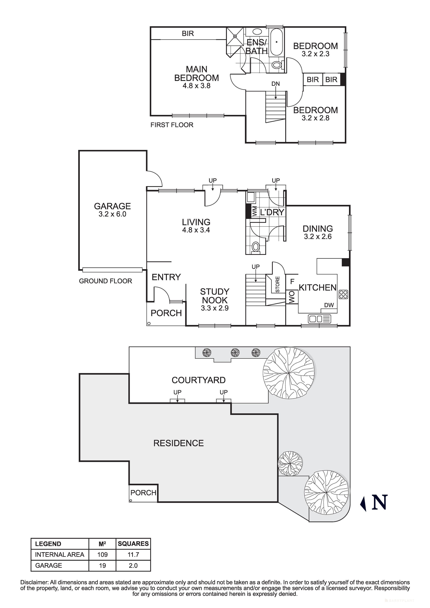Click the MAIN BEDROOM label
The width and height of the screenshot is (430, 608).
[x=196, y=74]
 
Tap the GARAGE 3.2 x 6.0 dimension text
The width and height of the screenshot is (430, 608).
[x=112, y=214]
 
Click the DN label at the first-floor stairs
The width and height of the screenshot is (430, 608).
[x=276, y=84]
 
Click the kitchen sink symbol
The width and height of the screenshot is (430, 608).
[x=320, y=319]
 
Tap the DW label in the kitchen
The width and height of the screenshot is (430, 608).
[x=329, y=305]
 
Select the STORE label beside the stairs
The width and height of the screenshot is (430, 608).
[x=277, y=284]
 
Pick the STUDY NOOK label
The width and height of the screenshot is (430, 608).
[x=214, y=296]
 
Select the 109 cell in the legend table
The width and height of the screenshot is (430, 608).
[x=102, y=554]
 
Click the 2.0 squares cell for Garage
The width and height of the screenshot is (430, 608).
[x=133, y=566]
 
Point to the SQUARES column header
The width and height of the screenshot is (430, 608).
[x=133, y=544]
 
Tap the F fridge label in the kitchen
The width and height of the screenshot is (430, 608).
[x=292, y=281]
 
